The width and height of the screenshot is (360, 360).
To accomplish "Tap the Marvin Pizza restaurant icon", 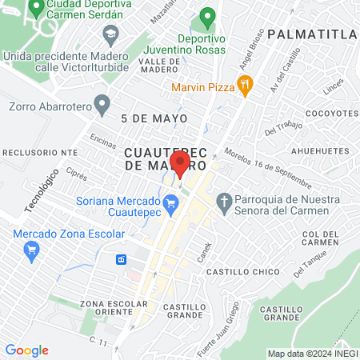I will pyautogui.click(x=246, y=83).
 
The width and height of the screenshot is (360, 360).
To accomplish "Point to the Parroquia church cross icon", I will pyautogui.click(x=226, y=201).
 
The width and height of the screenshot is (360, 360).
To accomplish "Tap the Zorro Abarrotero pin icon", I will pyautogui.click(x=102, y=104).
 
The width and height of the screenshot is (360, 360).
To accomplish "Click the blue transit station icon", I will pyautogui.click(x=122, y=260).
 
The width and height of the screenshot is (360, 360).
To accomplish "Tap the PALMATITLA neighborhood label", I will pyautogui.click(x=313, y=34).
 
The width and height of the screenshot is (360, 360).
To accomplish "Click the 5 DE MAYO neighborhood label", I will pyautogui.click(x=154, y=118).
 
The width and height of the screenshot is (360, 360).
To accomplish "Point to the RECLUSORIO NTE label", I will pyautogui.click(x=40, y=151).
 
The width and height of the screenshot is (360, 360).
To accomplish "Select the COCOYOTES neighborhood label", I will pyautogui.click(x=330, y=113).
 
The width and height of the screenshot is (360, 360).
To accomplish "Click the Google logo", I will pyautogui.click(x=27, y=350).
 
